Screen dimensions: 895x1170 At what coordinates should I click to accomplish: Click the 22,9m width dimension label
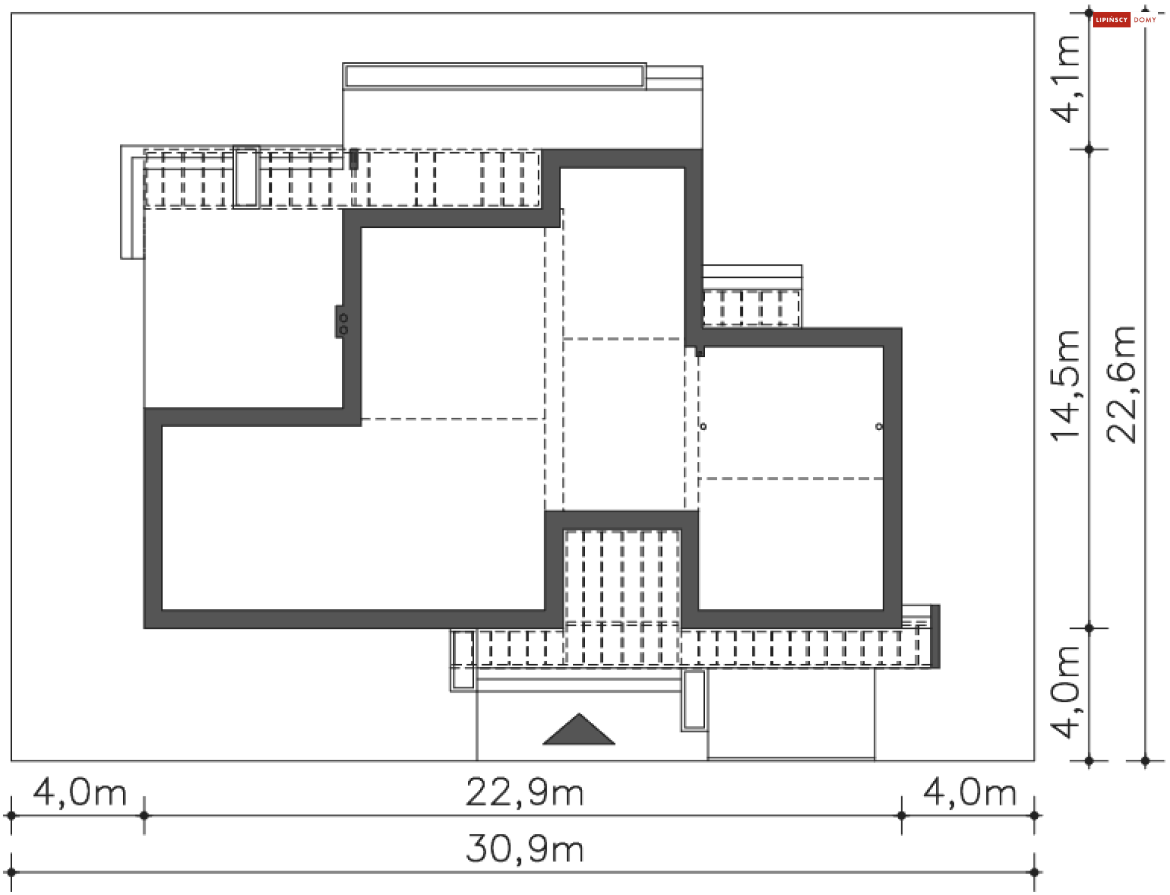click(x=525, y=793)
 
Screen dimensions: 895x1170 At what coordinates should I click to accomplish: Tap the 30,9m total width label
click(x=525, y=849)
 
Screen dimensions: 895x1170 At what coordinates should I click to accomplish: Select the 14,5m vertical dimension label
click(x=1065, y=385)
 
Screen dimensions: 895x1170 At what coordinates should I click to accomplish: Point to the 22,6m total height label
click(x=1122, y=385)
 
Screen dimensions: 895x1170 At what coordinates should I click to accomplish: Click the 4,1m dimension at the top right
click(x=1065, y=79)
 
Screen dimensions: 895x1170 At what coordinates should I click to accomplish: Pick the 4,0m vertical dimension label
click(x=1065, y=693)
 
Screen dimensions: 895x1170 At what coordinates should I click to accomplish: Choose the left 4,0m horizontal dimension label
click(x=80, y=793)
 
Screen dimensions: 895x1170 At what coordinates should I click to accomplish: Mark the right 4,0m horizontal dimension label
click(x=970, y=793)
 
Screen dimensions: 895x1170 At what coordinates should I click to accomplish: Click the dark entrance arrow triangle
click(x=579, y=732)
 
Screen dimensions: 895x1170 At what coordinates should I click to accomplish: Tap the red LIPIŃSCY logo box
click(x=1111, y=20)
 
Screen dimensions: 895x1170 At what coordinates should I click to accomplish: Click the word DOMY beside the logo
click(x=1145, y=20)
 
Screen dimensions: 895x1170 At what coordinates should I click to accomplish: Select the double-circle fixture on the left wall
click(x=342, y=324)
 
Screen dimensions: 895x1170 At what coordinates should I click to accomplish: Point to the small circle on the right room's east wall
click(x=879, y=426)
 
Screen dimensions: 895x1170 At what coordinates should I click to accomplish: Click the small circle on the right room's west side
click(x=703, y=426)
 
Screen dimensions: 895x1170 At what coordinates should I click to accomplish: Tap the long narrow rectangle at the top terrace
click(x=494, y=76)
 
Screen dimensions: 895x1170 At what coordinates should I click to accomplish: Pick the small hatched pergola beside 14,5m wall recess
click(x=751, y=308)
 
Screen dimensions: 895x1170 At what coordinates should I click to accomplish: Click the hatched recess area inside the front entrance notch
click(x=622, y=576)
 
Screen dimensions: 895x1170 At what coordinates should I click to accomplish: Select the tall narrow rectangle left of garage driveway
click(x=694, y=700)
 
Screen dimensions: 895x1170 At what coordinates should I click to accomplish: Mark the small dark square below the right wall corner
click(x=700, y=352)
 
